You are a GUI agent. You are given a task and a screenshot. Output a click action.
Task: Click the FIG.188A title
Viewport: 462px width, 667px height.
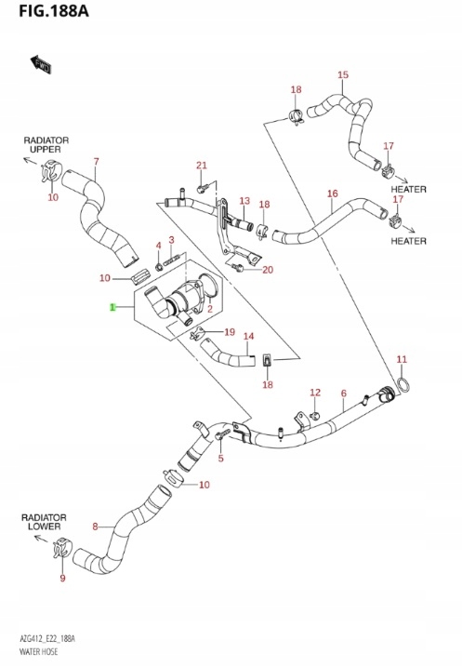point(54,10)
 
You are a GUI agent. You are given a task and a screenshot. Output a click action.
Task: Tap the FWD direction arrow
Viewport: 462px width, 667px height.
point(41,64)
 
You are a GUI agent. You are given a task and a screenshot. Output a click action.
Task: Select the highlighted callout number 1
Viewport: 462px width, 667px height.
point(112,307)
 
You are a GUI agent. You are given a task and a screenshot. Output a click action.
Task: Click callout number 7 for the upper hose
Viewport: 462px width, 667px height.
point(97,162)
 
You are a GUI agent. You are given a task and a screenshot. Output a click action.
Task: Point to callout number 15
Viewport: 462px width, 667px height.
point(343,74)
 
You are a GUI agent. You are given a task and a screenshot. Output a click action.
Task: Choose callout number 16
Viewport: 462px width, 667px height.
point(333,193)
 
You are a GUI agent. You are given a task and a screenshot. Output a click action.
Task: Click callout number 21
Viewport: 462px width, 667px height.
point(202,165)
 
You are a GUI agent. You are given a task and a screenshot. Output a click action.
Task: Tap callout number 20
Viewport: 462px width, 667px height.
point(268,270)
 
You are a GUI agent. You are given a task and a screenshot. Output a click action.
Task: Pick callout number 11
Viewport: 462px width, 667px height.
point(402,359)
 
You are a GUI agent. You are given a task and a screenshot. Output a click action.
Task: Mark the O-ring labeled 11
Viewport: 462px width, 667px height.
point(403,384)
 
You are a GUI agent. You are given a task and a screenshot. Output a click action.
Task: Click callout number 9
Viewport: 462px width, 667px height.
point(62,578)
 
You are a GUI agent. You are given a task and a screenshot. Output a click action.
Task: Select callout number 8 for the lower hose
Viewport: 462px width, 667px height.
point(95,527)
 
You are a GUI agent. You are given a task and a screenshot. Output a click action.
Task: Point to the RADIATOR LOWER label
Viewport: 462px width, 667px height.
point(44,522)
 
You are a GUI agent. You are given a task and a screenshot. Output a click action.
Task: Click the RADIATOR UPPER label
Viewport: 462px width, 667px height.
point(46,144)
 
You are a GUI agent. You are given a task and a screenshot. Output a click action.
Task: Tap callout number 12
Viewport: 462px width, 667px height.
point(315,393)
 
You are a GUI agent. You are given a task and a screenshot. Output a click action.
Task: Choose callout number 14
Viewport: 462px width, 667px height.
point(248,336)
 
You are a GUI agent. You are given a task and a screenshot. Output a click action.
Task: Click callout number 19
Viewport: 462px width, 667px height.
point(230,332)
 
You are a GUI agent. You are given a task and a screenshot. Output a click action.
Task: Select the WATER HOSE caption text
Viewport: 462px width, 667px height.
point(39,652)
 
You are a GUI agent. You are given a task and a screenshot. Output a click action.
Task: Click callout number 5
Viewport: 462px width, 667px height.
point(220,458)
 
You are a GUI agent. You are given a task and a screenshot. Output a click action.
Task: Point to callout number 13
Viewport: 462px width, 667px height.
point(244,201)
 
